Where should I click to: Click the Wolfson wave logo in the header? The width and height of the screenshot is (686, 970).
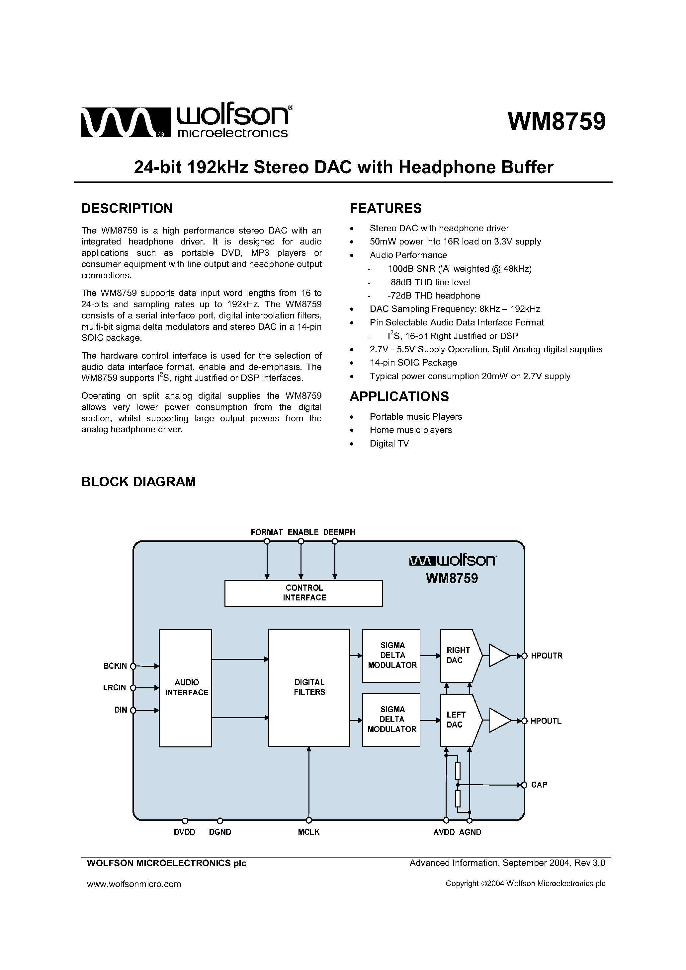[x=125, y=122]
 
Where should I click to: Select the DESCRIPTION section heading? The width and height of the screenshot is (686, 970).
[x=127, y=208]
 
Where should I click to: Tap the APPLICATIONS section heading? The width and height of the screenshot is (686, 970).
[x=399, y=396]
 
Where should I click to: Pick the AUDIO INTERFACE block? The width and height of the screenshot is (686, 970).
[x=185, y=688]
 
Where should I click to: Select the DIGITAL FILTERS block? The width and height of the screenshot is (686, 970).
[x=309, y=687]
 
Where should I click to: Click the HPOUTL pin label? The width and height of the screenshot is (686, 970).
[x=546, y=721]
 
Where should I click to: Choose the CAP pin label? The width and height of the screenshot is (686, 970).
[x=539, y=785]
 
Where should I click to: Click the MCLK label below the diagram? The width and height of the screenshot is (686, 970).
[x=308, y=832]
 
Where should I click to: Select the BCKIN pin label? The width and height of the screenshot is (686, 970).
[x=115, y=666]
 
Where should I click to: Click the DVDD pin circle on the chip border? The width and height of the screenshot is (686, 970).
[x=185, y=821]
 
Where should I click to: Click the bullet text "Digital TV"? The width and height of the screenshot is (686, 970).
[x=389, y=444]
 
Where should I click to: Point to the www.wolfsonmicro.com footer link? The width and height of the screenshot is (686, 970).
[x=134, y=884]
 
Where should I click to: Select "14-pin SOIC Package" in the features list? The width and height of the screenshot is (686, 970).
[x=413, y=363]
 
